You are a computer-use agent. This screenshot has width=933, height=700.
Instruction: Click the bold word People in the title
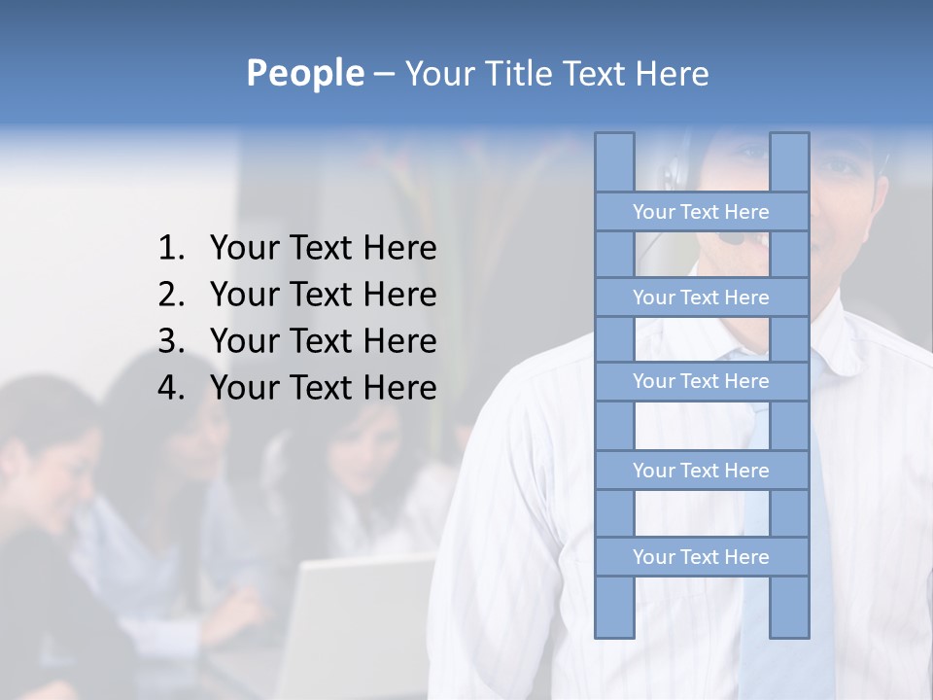(x=303, y=73)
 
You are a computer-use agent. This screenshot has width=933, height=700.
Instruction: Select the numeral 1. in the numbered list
(x=171, y=249)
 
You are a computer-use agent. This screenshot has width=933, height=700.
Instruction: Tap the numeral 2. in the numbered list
(x=171, y=295)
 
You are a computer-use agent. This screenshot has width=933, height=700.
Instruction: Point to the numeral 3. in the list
(x=171, y=341)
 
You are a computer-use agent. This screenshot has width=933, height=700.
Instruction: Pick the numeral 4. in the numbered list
(x=171, y=388)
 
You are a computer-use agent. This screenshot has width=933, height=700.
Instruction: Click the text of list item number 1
(x=323, y=249)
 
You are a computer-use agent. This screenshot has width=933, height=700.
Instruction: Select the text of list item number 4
(x=323, y=388)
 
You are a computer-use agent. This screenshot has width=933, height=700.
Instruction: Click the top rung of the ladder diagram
(x=701, y=212)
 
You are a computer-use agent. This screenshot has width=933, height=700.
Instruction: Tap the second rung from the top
(x=701, y=297)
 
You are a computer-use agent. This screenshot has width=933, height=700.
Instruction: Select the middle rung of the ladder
(x=701, y=381)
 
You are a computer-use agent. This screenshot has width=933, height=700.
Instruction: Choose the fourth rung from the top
(x=701, y=471)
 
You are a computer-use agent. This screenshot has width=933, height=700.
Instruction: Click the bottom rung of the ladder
(x=701, y=557)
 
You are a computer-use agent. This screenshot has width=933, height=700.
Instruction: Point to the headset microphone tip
(x=736, y=237)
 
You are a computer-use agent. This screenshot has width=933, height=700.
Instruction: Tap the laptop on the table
(x=360, y=622)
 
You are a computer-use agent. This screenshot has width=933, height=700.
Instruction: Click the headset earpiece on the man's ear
(x=673, y=175)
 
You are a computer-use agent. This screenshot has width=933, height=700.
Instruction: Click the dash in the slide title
(x=383, y=75)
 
